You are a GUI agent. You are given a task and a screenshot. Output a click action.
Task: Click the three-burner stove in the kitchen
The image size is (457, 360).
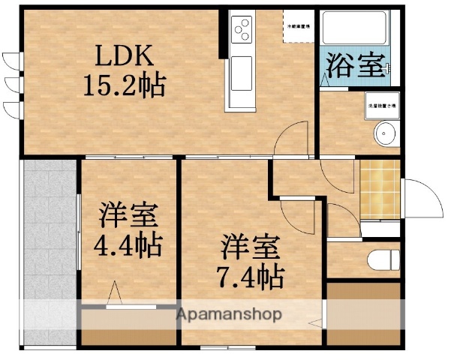(242, 30)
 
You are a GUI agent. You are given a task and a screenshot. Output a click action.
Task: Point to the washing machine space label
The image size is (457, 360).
(382, 106)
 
